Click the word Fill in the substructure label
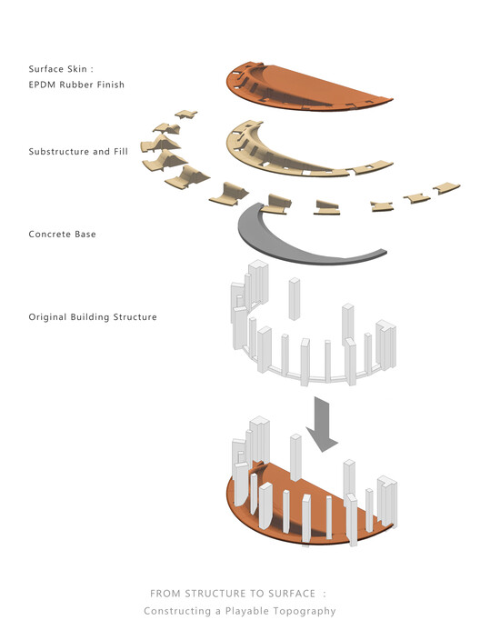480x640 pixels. pos(121,152)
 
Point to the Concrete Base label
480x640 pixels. pos(62,235)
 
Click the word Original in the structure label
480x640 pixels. pos(48,317)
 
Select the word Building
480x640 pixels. pos(90,317)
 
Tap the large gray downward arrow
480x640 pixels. pos(322,425)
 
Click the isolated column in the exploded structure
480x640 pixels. pos(295,299)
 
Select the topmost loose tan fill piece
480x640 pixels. pos(185,114)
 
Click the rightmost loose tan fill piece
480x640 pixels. pos(446,188)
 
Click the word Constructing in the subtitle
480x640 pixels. pos(177,612)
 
